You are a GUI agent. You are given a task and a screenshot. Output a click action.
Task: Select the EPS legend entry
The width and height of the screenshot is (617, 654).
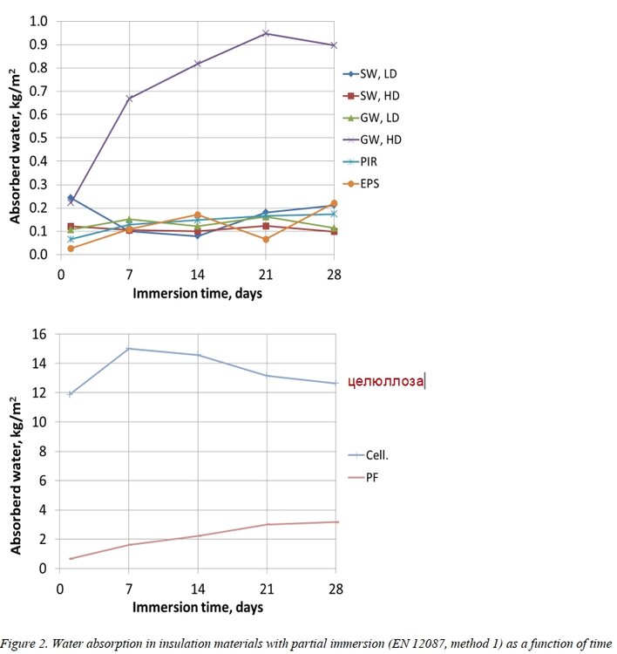[370, 184]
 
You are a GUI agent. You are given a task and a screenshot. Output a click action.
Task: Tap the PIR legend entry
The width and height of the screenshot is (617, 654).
[370, 161]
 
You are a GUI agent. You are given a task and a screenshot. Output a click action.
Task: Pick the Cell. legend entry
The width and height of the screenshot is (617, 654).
[371, 454]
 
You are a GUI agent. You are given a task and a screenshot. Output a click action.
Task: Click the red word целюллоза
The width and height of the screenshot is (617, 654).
[385, 380]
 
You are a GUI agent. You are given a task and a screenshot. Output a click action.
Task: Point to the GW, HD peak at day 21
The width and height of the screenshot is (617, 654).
[266, 33]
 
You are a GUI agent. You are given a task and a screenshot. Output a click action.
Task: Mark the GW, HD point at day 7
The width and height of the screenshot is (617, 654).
[129, 99]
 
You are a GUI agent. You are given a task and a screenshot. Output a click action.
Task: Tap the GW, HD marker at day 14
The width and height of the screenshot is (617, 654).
[198, 64]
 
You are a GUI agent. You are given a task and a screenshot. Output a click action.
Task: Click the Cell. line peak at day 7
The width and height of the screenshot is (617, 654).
[129, 349]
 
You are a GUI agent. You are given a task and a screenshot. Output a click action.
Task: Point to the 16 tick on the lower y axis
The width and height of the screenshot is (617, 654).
[38, 334]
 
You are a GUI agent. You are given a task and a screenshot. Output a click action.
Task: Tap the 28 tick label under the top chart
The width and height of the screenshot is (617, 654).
[334, 273]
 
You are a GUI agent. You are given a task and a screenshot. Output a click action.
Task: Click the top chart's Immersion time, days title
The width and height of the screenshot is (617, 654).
[197, 293]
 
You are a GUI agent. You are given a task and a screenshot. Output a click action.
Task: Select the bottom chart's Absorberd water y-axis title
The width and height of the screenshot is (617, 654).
[16, 475]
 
